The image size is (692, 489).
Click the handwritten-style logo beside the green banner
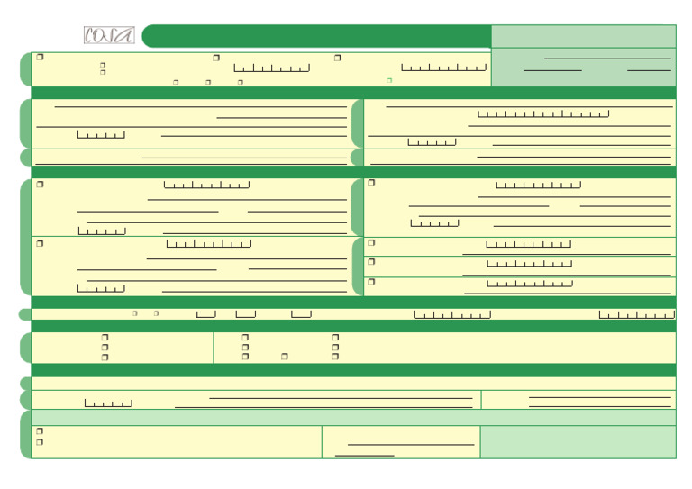[x=109, y=36]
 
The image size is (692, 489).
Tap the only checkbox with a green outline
[x=389, y=80]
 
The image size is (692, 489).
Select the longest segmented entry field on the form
[x=543, y=114]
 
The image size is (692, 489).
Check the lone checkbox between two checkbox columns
[x=284, y=357]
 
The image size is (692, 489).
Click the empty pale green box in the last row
[x=578, y=442]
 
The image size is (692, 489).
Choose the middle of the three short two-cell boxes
[x=245, y=314]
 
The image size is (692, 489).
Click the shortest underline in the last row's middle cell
[x=364, y=455]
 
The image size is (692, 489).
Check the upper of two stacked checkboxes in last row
[x=40, y=431]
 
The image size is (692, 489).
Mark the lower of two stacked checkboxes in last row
[x=40, y=442]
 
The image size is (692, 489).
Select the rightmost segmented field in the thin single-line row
[x=636, y=314]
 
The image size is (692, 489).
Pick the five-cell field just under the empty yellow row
[x=108, y=403]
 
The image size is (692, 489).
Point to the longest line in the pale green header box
[x=607, y=58]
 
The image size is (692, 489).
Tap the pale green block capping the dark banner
[x=583, y=36]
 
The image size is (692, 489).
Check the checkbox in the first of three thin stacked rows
[x=370, y=243]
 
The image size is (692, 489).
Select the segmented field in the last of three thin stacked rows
[x=530, y=284]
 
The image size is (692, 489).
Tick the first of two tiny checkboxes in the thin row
[x=134, y=313]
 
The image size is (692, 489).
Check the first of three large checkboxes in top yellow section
[x=40, y=58]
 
